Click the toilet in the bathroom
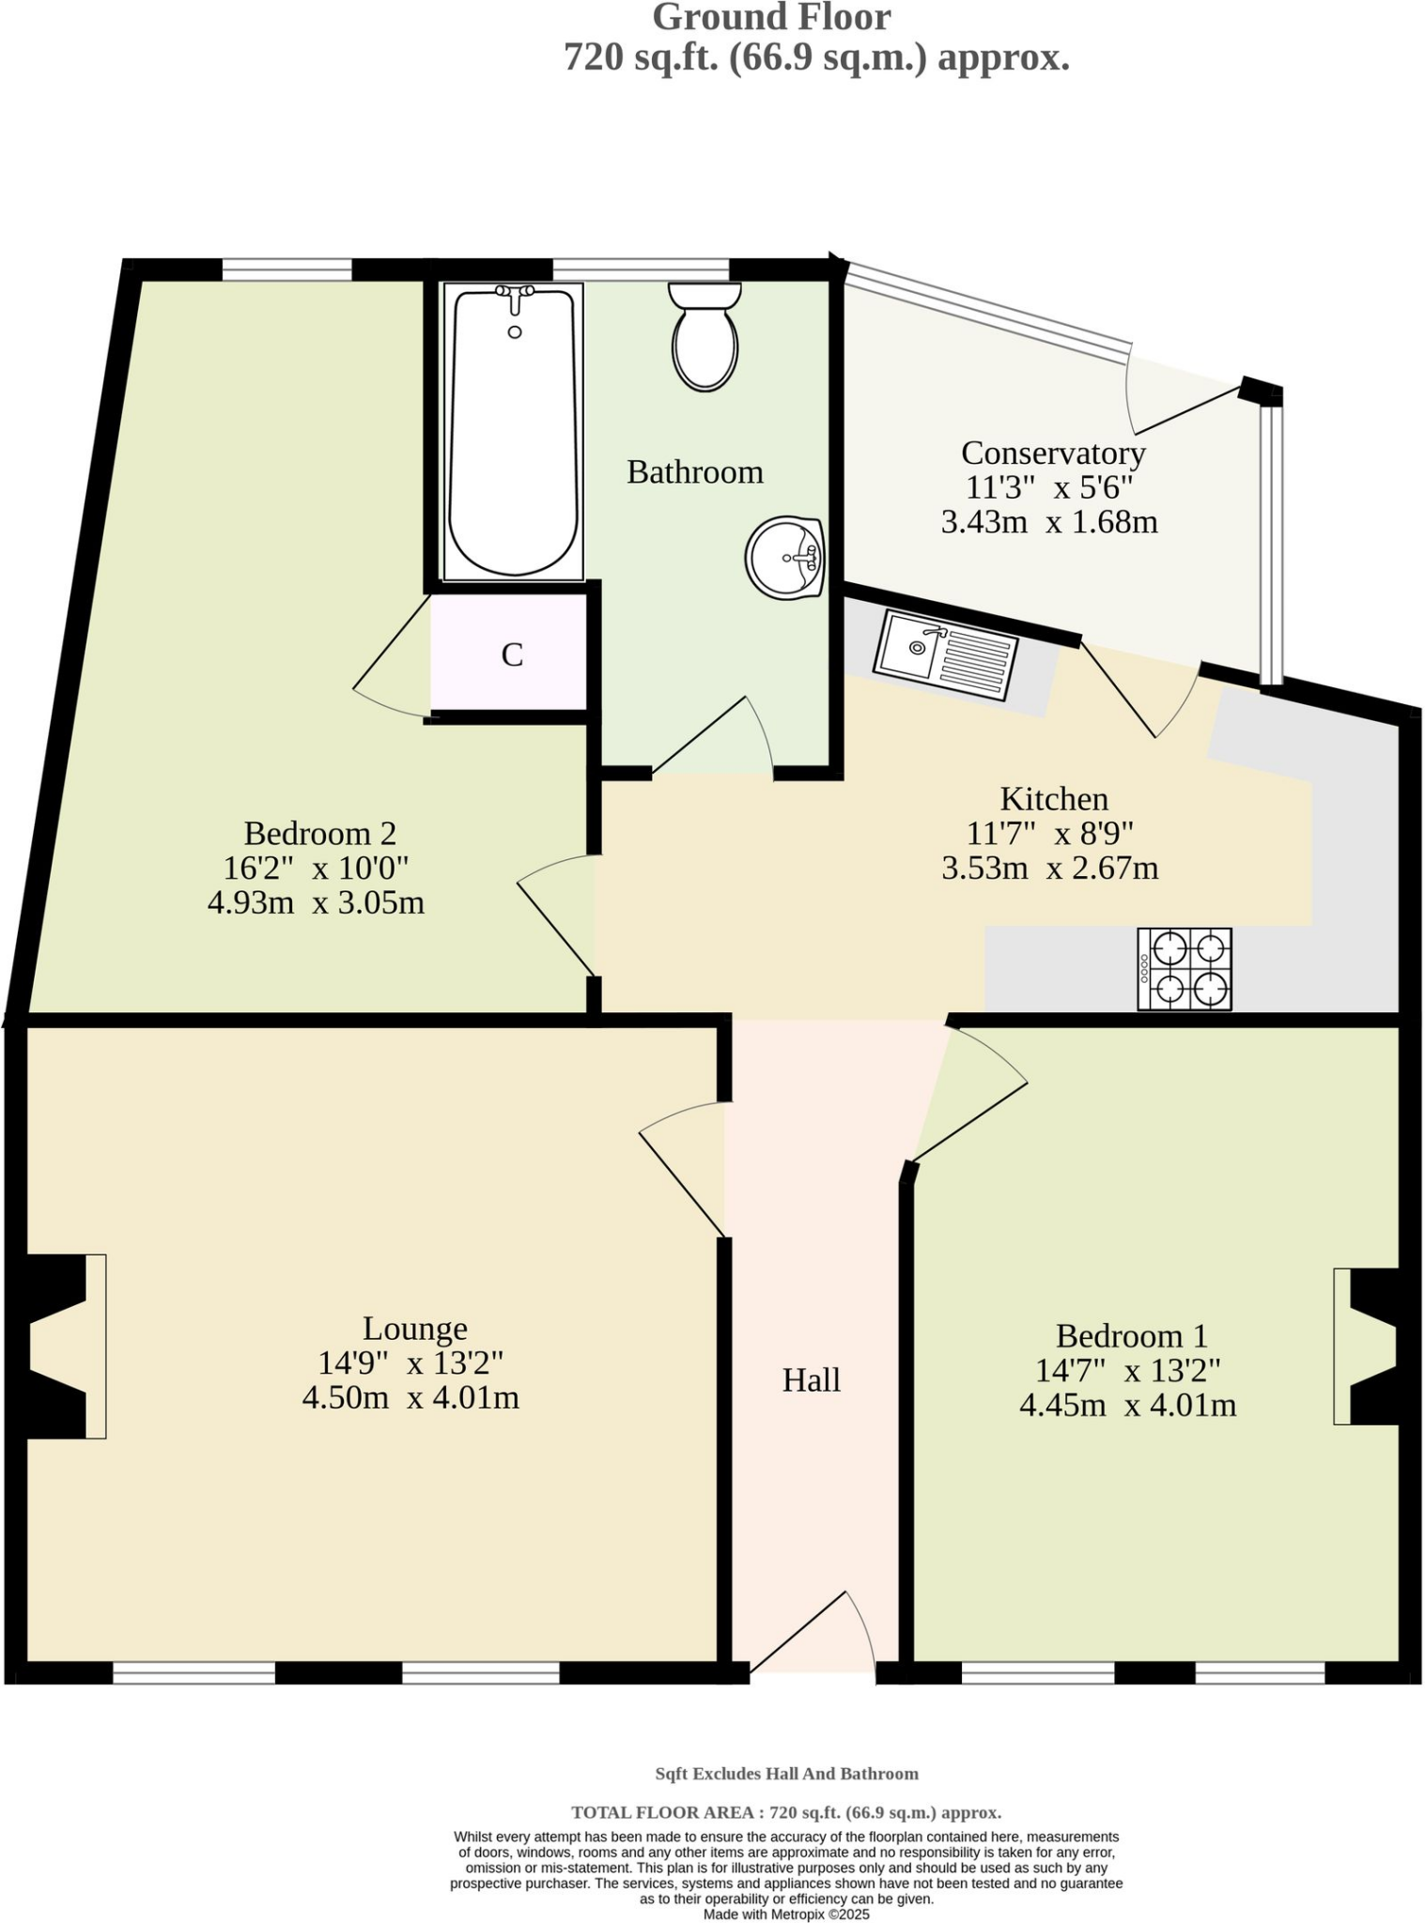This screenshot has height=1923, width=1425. pyautogui.click(x=705, y=338)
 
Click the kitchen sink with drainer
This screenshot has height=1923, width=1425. pyautogui.click(x=945, y=654)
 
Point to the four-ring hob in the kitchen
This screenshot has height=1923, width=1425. pyautogui.click(x=1184, y=969)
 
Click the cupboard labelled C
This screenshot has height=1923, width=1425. pyautogui.click(x=511, y=654)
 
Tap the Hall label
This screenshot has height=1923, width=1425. pyautogui.click(x=812, y=1379)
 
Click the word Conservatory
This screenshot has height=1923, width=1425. pyautogui.click(x=1053, y=453)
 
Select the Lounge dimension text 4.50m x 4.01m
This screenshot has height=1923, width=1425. pyautogui.click(x=410, y=1397)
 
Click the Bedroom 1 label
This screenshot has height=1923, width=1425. pyautogui.click(x=1131, y=1335)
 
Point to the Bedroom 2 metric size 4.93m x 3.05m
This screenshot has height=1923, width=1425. pyautogui.click(x=316, y=902)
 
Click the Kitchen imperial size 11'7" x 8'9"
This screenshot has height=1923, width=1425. pyautogui.click(x=1050, y=832)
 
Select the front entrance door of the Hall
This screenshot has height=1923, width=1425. pyautogui.click(x=813, y=1633)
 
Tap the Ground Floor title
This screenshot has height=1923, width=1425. pyautogui.click(x=771, y=17)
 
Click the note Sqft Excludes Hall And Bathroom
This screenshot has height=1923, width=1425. pyautogui.click(x=786, y=1774)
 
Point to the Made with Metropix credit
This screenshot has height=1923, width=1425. pyautogui.click(x=786, y=1914)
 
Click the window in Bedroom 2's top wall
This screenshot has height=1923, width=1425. pyautogui.click(x=287, y=269)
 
